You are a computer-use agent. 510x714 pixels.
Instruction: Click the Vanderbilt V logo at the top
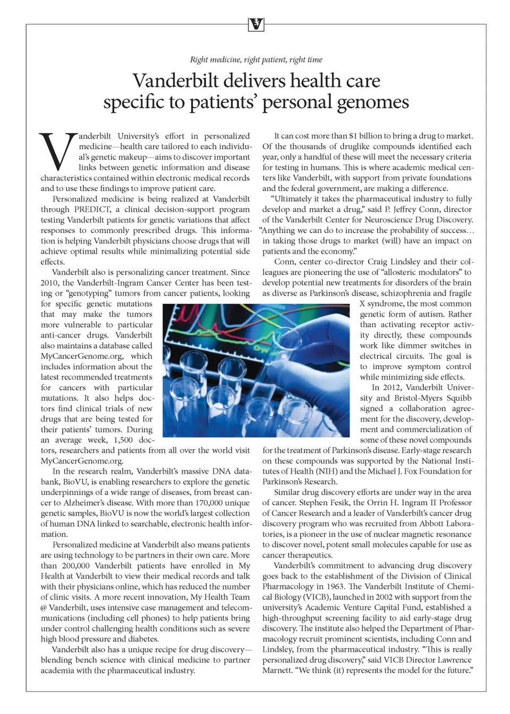256,24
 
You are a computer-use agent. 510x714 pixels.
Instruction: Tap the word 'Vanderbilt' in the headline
175,81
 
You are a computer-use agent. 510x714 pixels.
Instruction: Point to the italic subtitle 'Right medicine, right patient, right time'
256,59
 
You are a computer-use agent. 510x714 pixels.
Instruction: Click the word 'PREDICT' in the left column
92,209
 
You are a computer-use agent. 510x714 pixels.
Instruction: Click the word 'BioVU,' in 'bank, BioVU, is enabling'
76,482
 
